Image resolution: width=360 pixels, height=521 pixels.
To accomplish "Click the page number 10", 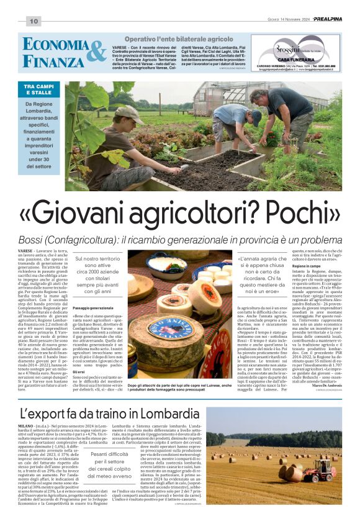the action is click(x=33, y=21).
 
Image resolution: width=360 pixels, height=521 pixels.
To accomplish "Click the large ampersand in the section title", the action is click(x=94, y=52).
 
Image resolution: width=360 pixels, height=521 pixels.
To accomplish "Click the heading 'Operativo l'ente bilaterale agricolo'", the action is click(x=178, y=39).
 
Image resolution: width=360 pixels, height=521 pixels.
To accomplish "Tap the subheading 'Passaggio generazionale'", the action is click(x=93, y=308).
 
